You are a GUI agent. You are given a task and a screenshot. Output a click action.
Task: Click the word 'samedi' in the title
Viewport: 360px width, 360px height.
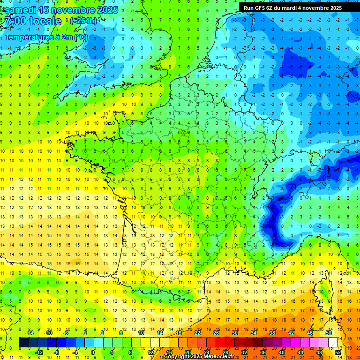(20, 10)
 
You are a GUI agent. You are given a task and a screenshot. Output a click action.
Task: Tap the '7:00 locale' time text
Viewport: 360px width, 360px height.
(32, 22)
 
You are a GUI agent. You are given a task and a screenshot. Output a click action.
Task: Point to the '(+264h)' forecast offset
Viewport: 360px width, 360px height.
(83, 21)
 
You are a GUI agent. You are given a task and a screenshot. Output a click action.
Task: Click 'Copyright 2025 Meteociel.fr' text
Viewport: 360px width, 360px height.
(199, 357)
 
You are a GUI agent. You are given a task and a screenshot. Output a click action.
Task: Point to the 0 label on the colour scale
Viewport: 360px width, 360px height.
(93, 352)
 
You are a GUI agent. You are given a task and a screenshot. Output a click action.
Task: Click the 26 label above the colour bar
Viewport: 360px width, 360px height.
(216, 332)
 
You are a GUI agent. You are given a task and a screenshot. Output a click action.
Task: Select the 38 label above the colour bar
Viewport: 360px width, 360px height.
(272, 332)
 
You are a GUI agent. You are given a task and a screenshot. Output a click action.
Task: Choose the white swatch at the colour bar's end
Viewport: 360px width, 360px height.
(333, 342)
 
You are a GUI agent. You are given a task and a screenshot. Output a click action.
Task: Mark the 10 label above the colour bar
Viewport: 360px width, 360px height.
(141, 332)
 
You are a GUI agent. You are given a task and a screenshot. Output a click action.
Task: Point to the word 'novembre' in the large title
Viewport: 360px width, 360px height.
(69, 10)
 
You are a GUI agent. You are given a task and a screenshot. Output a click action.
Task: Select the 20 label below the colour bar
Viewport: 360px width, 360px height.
(187, 352)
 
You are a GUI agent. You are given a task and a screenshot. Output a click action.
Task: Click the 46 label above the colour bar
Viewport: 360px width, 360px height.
(310, 332)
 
